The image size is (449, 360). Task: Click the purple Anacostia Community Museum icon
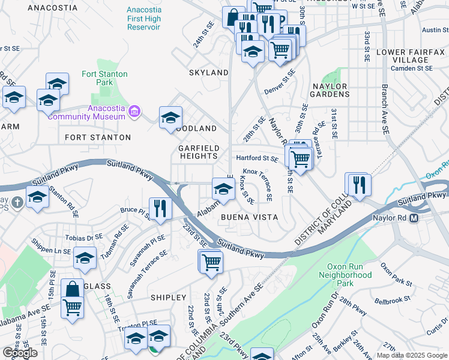[134, 112]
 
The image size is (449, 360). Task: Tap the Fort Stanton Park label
[104, 79]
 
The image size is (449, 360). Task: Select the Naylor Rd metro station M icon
[414, 219]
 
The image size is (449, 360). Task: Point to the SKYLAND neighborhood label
[209, 73]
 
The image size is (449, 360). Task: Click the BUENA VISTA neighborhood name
[249, 217]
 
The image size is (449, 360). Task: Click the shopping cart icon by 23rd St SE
[211, 262]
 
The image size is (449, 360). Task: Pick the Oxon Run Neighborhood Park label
[349, 275]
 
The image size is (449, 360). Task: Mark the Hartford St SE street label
[256, 159]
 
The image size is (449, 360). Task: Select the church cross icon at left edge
[16, 202]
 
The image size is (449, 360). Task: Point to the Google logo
[20, 353]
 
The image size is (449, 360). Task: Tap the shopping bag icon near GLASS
[72, 289]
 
